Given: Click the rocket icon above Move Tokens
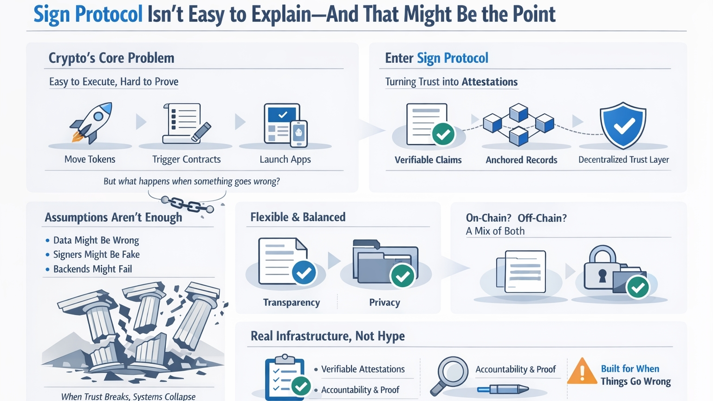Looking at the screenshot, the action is click(91, 122).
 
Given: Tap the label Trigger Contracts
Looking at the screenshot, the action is click(186, 159).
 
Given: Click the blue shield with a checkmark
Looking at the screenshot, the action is click(622, 125).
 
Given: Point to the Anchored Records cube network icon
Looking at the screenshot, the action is click(519, 124).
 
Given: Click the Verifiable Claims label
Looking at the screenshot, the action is click(428, 160).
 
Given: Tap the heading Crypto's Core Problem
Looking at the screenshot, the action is click(111, 58).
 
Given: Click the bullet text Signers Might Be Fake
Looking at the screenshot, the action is click(96, 255).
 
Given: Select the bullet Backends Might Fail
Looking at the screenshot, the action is click(92, 269).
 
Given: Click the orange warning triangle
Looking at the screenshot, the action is click(582, 371).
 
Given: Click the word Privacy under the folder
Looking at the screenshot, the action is click(384, 302).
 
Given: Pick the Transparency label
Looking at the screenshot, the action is click(292, 302).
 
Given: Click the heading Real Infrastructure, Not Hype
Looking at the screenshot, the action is click(327, 336).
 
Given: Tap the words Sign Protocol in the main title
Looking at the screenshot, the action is click(88, 14).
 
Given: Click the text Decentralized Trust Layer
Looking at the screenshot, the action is click(623, 160).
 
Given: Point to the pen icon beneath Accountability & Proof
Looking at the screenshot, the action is click(503, 389).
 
